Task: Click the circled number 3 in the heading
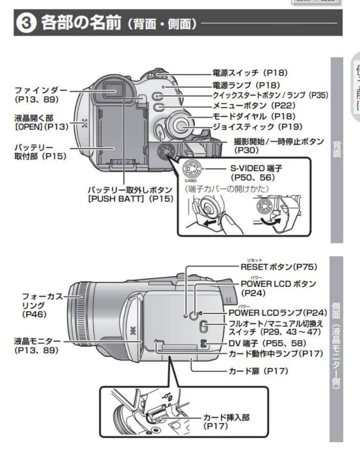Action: click(x=26, y=23)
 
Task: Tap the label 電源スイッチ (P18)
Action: click(x=250, y=73)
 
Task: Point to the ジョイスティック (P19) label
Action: click(x=257, y=126)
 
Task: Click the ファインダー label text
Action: click(x=41, y=90)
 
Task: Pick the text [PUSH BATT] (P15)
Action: click(x=130, y=198)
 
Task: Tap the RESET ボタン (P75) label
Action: click(x=279, y=267)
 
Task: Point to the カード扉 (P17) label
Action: click(x=259, y=371)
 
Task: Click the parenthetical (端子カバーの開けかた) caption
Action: click(x=229, y=188)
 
